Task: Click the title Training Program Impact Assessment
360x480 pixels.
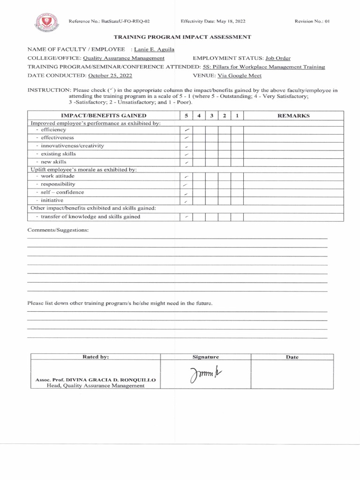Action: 183,37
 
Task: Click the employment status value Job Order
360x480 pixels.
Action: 278,58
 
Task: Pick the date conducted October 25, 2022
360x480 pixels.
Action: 107,75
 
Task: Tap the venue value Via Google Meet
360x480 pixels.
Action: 240,75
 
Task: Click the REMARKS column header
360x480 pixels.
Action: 293,116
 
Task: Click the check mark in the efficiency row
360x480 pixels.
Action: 187,130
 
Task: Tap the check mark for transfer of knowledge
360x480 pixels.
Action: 187,217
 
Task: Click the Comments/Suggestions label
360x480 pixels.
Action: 58,230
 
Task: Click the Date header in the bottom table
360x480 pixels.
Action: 292,357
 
